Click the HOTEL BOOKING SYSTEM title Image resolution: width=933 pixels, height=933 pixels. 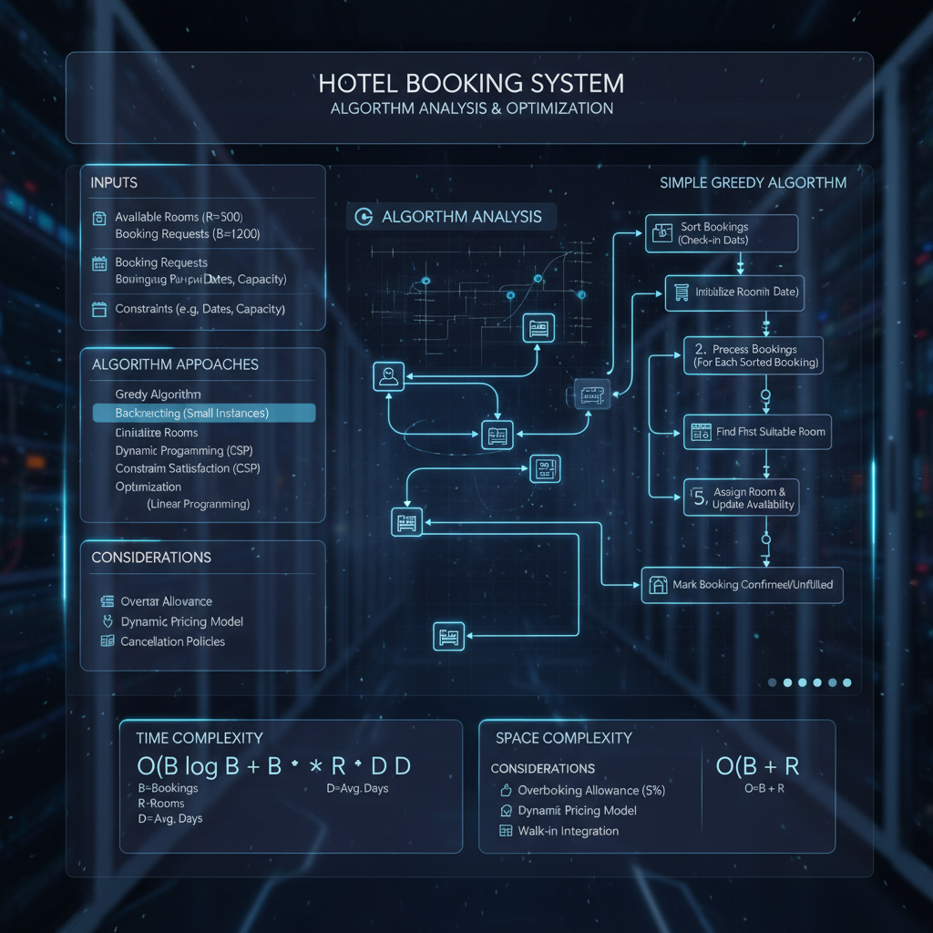point(471,84)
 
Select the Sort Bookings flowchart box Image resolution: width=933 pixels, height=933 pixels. point(721,233)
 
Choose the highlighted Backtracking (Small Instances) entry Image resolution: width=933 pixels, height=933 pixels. point(204,414)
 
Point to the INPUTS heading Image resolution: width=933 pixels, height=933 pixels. point(115,183)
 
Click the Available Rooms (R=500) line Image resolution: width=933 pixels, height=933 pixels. point(179,218)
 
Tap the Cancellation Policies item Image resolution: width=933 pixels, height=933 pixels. point(172,641)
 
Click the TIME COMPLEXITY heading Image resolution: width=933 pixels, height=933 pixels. point(199,738)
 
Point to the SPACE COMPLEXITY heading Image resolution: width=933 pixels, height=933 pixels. point(563,738)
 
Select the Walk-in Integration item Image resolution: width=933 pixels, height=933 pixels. point(568,831)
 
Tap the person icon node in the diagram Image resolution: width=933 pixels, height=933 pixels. point(388,376)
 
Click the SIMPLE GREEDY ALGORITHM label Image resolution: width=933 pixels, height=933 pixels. point(753,183)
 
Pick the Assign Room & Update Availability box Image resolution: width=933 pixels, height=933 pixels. point(741,497)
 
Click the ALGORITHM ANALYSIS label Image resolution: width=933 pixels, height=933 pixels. point(461,216)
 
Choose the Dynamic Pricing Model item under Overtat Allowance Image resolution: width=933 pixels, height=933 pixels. point(181,621)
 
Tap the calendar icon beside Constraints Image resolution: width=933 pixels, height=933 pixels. point(99,310)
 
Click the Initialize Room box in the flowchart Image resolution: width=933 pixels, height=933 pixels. point(733,292)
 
